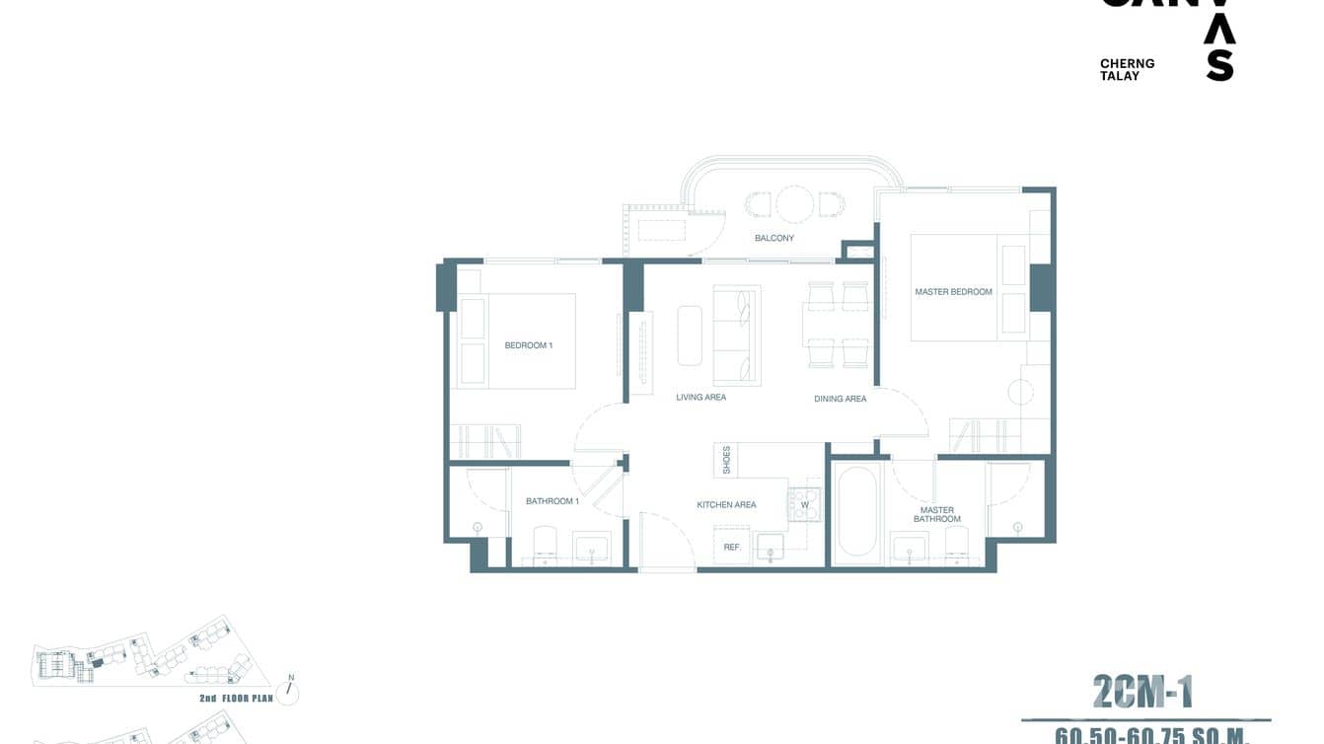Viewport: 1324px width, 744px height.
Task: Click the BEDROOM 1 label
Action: (528, 345)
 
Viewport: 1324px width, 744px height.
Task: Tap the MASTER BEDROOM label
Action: (953, 292)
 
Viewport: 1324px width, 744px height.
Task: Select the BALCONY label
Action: (774, 238)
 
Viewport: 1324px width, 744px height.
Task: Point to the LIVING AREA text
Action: (700, 398)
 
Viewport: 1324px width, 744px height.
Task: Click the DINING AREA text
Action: (841, 399)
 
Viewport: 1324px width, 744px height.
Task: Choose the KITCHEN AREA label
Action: (726, 505)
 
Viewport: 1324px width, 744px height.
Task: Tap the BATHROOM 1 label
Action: (552, 501)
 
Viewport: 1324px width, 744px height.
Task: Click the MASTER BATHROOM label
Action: (936, 515)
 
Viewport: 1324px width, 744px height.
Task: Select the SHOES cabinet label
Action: (727, 460)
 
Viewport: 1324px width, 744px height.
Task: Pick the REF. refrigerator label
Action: (732, 547)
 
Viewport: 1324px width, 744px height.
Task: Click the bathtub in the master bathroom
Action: (855, 513)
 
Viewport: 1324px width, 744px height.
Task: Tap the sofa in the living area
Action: (737, 335)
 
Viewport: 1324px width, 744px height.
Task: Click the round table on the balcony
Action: (793, 204)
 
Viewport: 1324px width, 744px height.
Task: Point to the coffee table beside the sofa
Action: (690, 335)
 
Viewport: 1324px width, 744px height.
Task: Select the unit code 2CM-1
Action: (1142, 692)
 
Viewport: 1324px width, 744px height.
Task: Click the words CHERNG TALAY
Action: (1127, 69)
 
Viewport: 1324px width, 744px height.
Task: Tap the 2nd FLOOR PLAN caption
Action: (236, 699)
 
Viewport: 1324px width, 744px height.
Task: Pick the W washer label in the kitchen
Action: (804, 505)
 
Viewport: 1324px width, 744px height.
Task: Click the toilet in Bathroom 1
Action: (546, 544)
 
